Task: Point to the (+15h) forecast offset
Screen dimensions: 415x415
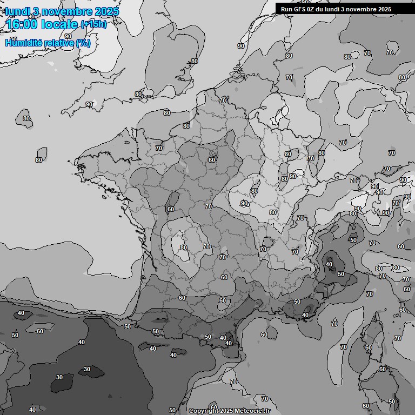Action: tap(93, 24)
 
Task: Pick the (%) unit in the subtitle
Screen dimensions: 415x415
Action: tap(83, 43)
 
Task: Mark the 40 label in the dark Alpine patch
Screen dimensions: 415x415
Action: tap(329, 264)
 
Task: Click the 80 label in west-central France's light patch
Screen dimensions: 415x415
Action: tap(184, 248)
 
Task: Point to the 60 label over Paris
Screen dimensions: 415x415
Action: tap(212, 160)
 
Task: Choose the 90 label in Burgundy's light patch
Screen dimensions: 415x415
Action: tap(244, 203)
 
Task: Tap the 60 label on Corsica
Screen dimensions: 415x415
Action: tap(368, 348)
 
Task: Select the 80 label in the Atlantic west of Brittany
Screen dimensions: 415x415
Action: tap(39, 160)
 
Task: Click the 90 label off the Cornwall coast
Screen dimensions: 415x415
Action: tap(89, 104)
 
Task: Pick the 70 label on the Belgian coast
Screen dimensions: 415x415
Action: tap(223, 101)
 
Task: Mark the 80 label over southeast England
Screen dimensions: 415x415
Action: tap(195, 62)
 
